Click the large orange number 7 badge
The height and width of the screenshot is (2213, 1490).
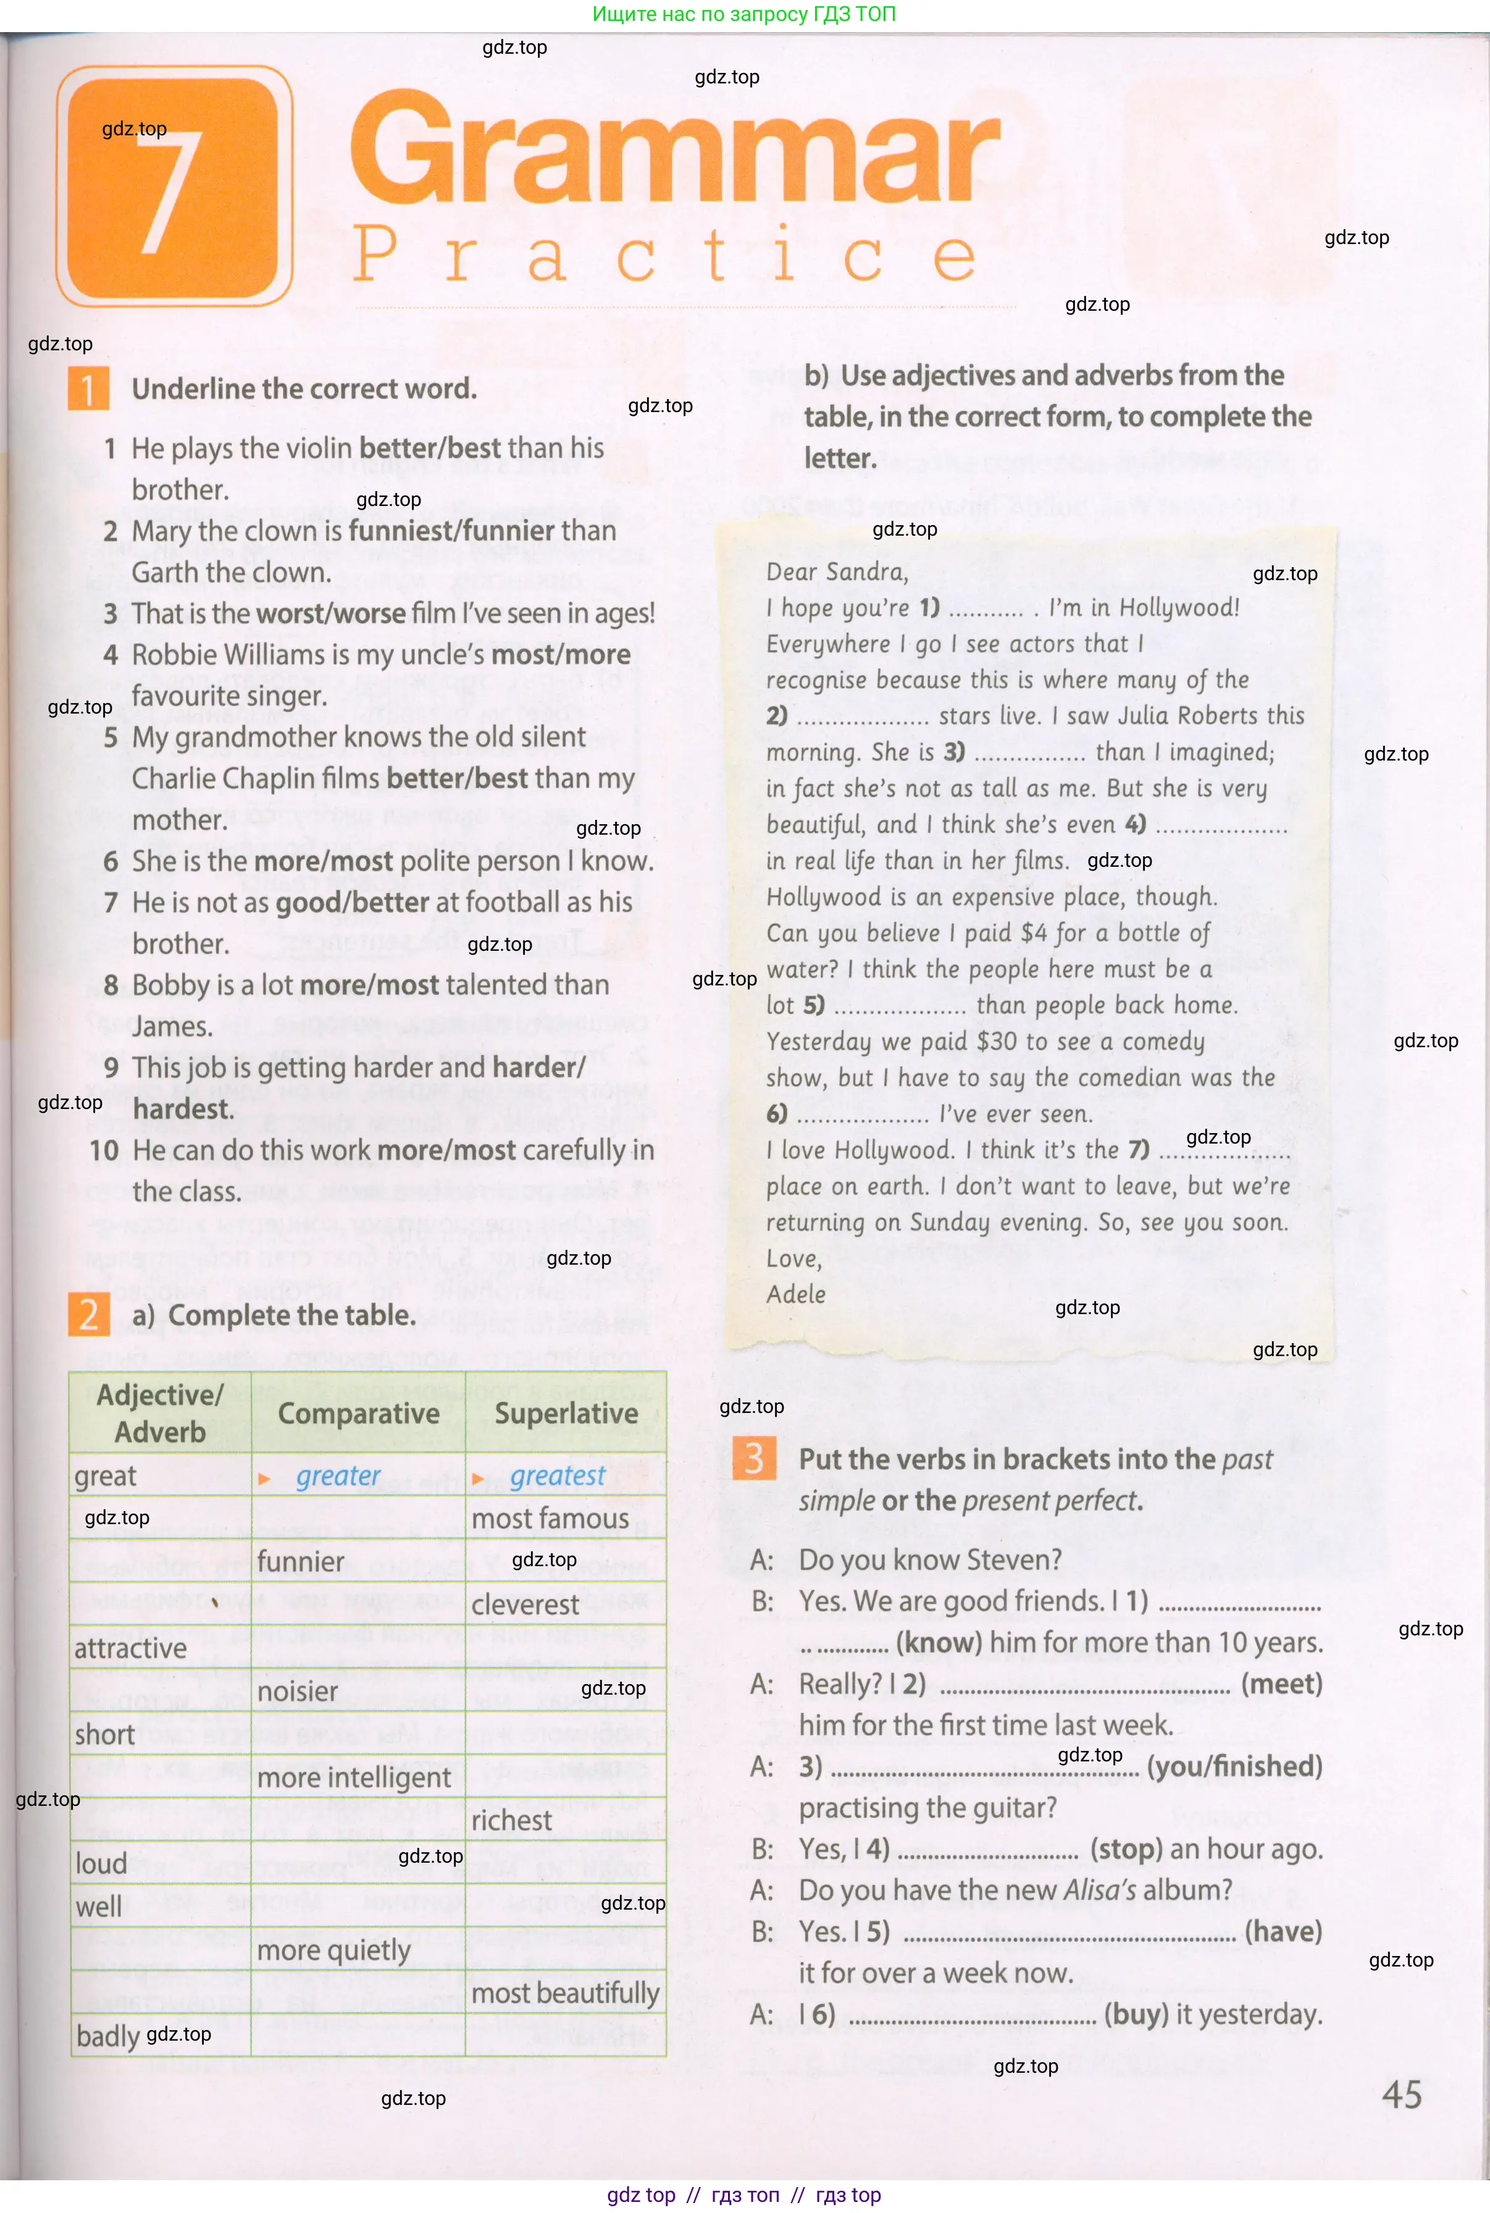[174, 187]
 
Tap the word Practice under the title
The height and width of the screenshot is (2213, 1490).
[664, 254]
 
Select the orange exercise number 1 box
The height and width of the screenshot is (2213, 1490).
[88, 389]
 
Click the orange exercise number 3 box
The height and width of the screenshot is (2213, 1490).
[753, 1457]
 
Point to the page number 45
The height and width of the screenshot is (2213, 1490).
[1402, 2094]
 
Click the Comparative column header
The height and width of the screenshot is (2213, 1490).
[358, 1414]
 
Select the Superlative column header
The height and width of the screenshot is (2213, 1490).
[566, 1414]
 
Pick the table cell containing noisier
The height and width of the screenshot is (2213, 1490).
[298, 1691]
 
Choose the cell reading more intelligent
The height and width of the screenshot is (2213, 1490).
[354, 1777]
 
